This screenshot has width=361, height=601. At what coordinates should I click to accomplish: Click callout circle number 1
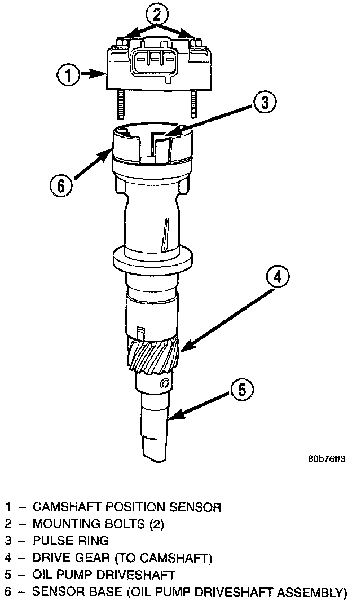coord(68,74)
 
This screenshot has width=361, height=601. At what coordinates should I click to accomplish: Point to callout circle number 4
coord(278,277)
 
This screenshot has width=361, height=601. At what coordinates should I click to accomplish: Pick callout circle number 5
coord(241,388)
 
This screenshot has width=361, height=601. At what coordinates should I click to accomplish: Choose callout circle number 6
coord(61,184)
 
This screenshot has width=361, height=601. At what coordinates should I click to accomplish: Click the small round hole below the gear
coord(164,384)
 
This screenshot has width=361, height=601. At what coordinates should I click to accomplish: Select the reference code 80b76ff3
coord(327,458)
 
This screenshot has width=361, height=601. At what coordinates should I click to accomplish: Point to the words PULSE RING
coord(71,541)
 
